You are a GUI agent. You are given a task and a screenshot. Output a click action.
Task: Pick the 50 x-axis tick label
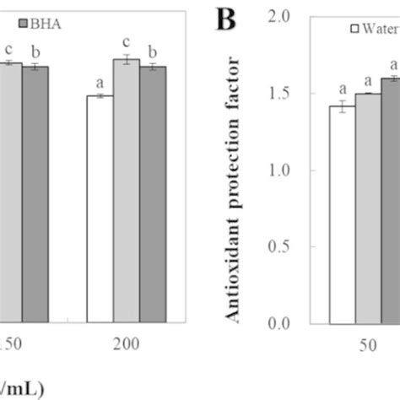(x=368, y=344)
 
